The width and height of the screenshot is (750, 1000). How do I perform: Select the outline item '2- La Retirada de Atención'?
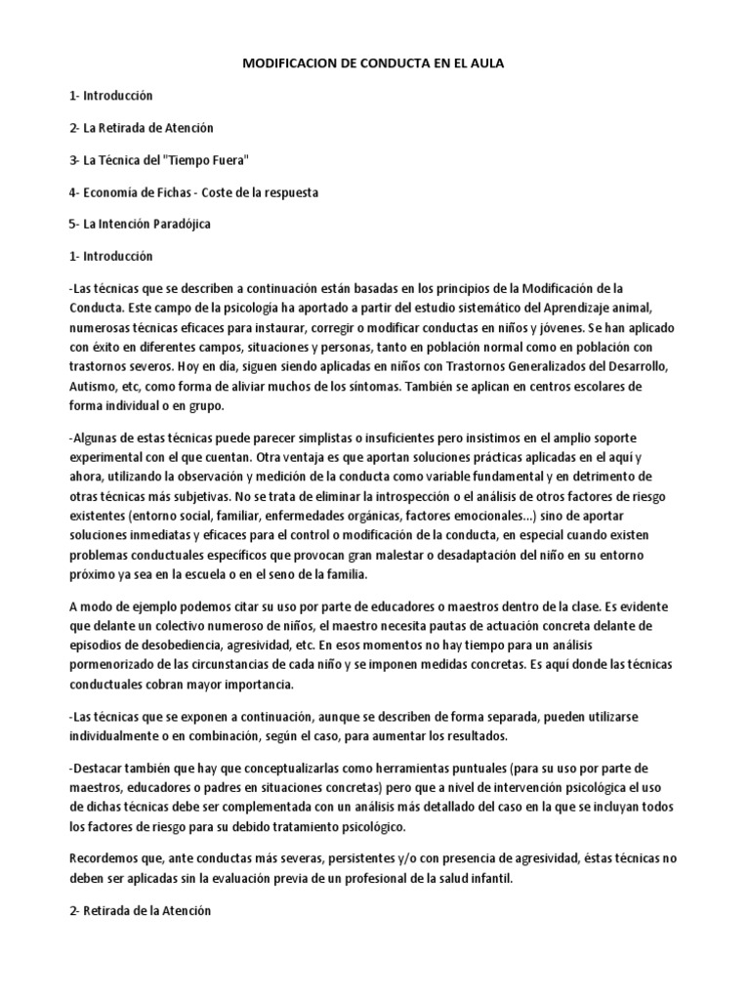(x=142, y=128)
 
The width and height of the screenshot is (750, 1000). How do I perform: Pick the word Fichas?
(x=170, y=192)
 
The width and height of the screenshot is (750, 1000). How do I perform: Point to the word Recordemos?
(x=105, y=857)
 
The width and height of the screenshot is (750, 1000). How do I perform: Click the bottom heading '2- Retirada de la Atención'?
(x=141, y=909)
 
